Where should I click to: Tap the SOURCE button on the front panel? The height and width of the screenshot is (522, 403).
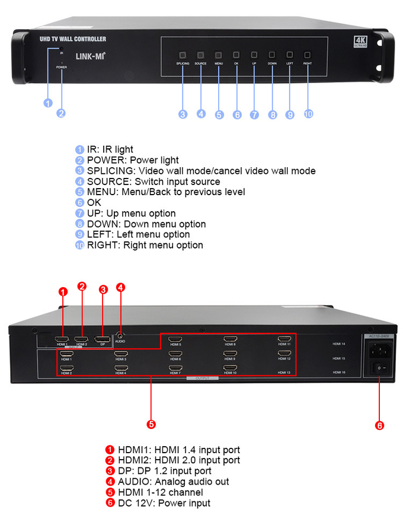(x=200, y=54)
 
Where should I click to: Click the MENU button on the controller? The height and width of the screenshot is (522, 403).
(x=218, y=54)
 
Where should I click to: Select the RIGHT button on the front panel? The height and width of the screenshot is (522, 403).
(x=308, y=54)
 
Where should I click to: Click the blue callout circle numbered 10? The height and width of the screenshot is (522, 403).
(x=308, y=114)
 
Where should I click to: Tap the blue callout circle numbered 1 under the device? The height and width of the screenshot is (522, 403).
(x=49, y=103)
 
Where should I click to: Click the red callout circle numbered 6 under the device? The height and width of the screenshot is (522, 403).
(x=379, y=425)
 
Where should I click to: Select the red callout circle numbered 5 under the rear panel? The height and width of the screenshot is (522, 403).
(x=151, y=424)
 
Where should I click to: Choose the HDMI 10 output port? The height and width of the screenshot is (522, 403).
(x=229, y=368)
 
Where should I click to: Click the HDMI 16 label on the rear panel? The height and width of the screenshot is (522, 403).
(x=339, y=372)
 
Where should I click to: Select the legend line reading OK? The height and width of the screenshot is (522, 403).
(x=94, y=203)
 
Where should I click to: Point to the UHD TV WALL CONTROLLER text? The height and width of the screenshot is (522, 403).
(x=72, y=39)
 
